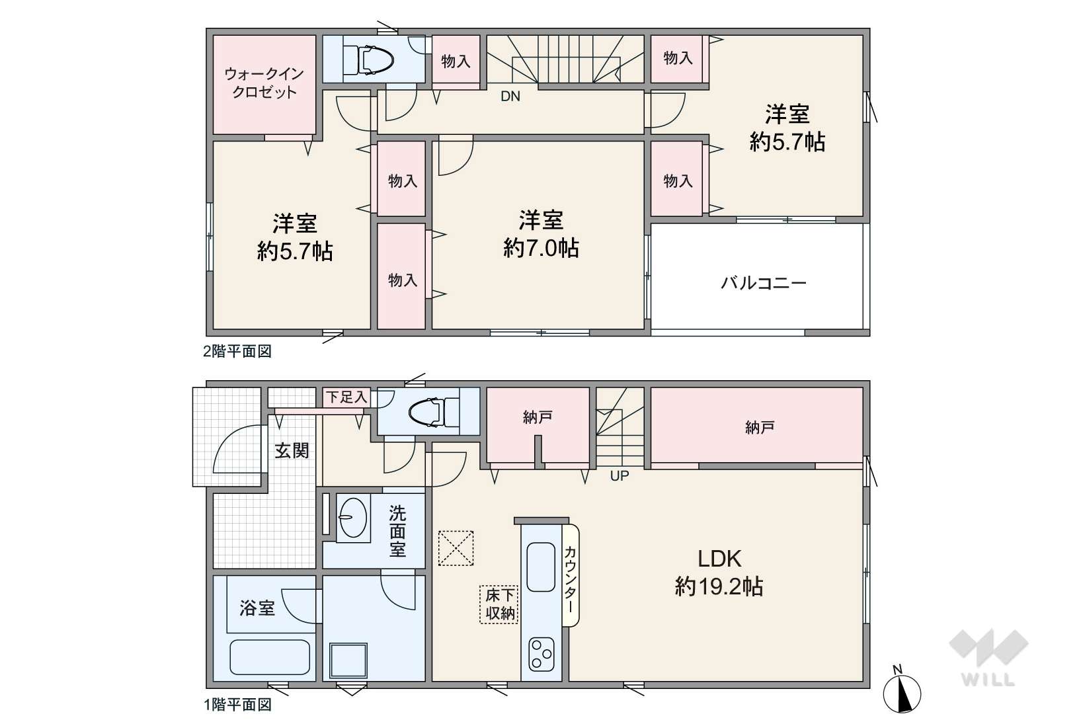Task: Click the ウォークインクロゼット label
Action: click(264, 83)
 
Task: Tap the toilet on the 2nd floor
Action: click(368, 60)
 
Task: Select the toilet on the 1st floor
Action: click(433, 413)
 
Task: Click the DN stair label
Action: click(510, 97)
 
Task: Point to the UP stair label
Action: click(620, 476)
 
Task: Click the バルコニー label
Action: click(764, 282)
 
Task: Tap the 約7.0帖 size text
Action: click(541, 249)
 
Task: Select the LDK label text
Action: click(719, 559)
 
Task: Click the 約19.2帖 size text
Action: click(719, 586)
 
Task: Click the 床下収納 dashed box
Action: click(499, 604)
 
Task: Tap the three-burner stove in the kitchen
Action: click(541, 655)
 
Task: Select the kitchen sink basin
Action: click(541, 567)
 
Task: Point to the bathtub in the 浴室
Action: click(270, 657)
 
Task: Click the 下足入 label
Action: click(346, 397)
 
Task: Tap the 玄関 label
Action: click(292, 451)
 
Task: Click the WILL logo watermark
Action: click(988, 658)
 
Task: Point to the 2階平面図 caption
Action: click(237, 352)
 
